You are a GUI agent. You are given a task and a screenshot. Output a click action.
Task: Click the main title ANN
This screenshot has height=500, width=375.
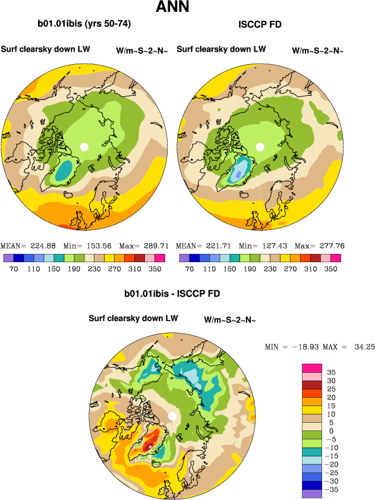coord(172,8)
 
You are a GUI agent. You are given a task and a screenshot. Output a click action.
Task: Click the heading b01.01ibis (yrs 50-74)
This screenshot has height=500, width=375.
coord(84,24)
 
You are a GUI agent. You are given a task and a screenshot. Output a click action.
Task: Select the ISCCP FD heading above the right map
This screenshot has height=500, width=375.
coord(260,24)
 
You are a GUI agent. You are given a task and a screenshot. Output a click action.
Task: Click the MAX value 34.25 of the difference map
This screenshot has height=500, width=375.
coord(363,347)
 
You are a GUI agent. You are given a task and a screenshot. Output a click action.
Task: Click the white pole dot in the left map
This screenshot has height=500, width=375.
coord(84,146)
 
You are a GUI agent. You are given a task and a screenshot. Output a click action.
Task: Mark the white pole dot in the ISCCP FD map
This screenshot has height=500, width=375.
coord(260,146)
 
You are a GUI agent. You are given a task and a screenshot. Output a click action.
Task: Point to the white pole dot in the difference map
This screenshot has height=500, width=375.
coord(172,416)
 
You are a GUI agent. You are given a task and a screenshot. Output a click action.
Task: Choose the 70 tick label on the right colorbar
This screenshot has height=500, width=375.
coord(189,269)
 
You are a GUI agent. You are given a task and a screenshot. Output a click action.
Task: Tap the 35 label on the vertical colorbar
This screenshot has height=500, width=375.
coord(331,372)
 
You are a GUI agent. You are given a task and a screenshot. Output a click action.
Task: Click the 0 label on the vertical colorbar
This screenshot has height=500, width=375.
coord(330,430)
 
